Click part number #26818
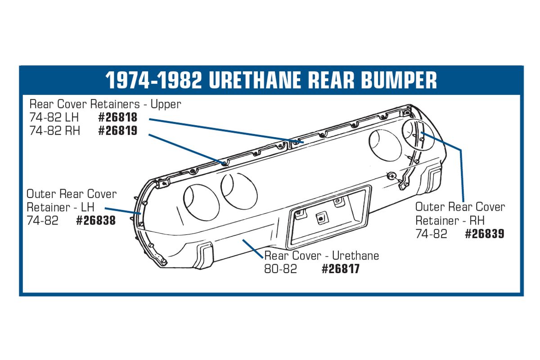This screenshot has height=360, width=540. coord(118,117)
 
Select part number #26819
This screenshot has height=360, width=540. coord(118,130)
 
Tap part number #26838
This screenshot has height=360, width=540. coord(96,220)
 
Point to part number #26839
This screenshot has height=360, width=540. coord(485,234)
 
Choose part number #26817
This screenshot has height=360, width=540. coord(341,269)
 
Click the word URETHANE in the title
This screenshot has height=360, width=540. coord(255,80)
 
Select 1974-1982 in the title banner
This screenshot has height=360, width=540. coord(153,80)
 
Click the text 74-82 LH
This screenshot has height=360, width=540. coord(54,117)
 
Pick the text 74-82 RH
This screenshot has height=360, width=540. coord(55,131)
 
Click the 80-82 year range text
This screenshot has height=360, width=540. coord(281,269)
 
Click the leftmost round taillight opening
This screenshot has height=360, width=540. coord(202,203)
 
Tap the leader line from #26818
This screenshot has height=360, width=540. coord(226,130)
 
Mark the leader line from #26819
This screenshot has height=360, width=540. coord(188,149)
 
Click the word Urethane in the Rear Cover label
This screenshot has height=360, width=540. coord(355,256)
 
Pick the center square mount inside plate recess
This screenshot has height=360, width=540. coord(321,218)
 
